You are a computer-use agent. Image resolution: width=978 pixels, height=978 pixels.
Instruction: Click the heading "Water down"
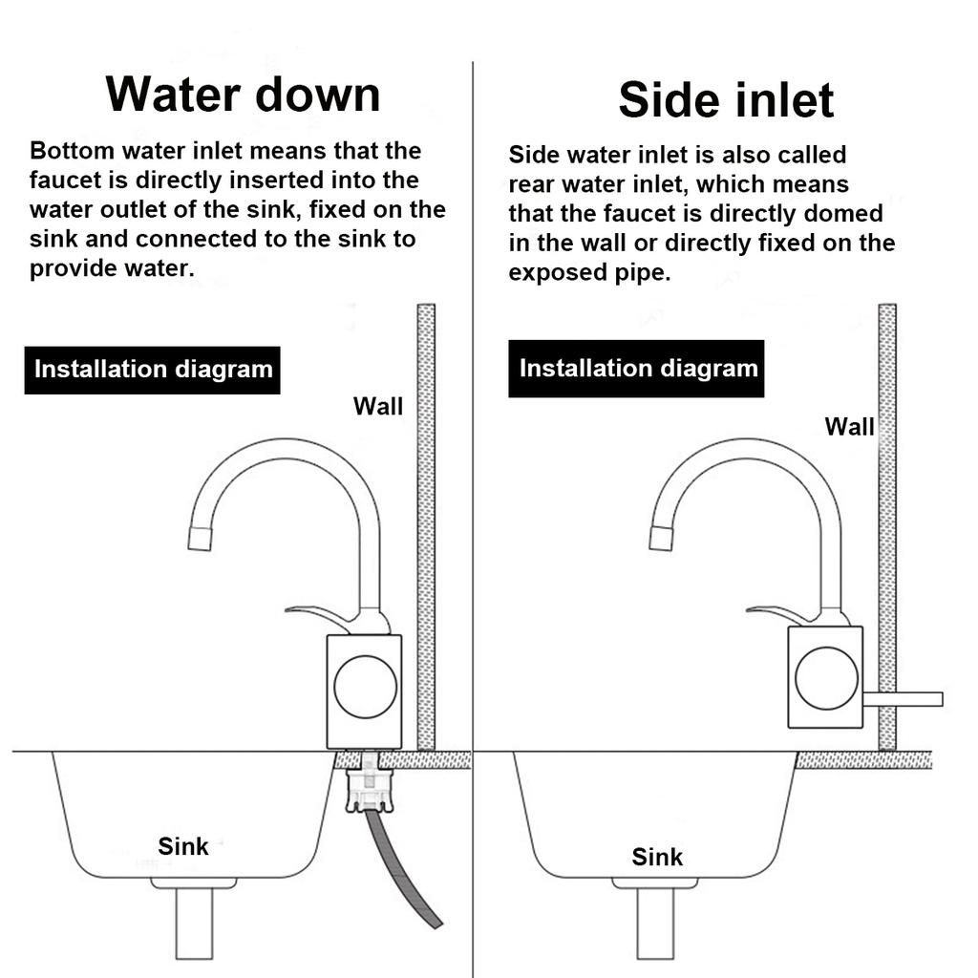click(243, 94)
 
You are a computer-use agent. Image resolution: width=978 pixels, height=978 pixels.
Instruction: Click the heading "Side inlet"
click(726, 99)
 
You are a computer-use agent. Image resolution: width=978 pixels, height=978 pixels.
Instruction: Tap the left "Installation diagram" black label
click(153, 370)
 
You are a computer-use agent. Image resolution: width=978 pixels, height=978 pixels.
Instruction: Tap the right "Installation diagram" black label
click(637, 369)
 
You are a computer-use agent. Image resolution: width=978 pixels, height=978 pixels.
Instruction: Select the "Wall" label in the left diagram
click(378, 406)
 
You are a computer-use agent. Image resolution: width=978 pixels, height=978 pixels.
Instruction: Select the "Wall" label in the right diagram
click(849, 426)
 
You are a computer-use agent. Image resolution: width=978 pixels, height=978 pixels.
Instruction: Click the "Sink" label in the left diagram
click(182, 845)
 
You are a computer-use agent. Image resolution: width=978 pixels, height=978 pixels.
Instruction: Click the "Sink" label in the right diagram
click(657, 857)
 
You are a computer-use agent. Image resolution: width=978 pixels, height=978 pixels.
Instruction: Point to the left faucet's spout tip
click(200, 538)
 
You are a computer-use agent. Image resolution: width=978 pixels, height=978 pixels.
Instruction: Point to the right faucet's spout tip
click(661, 538)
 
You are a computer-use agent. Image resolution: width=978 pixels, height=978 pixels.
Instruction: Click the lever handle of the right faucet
click(777, 612)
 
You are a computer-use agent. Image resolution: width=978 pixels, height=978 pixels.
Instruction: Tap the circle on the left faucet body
click(365, 686)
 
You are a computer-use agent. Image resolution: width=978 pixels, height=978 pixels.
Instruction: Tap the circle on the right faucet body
click(826, 678)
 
